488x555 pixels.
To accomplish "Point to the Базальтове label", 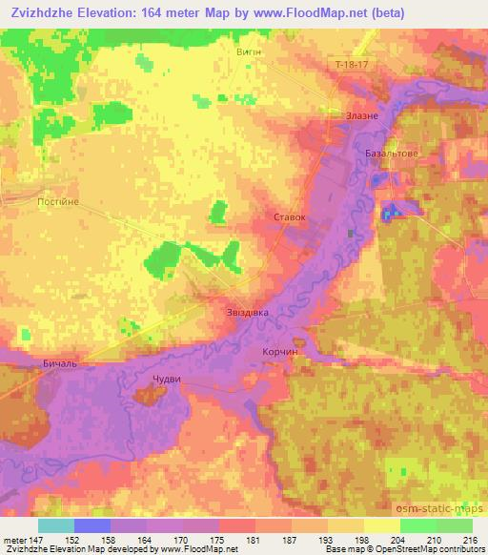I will pyautogui.click(x=392, y=152).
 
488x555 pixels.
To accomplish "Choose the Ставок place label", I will pyautogui.click(x=290, y=216).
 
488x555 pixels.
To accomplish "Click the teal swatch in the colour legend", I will pyautogui.click(x=56, y=525).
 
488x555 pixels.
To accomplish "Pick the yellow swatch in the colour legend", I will pyautogui.click(x=382, y=525).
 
